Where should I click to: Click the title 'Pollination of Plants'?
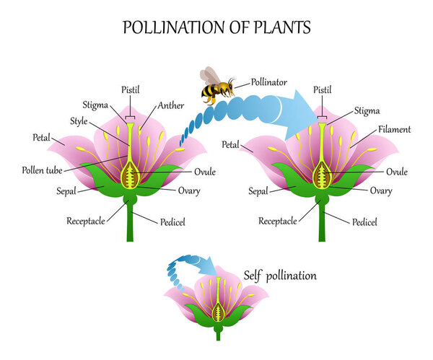217,28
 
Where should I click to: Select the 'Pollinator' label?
271,82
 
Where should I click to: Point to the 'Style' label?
79,120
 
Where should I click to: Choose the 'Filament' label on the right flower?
394,130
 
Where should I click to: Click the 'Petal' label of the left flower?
42,136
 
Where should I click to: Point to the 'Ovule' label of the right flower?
397,172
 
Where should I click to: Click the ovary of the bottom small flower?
219,312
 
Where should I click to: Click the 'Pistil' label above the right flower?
323,90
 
